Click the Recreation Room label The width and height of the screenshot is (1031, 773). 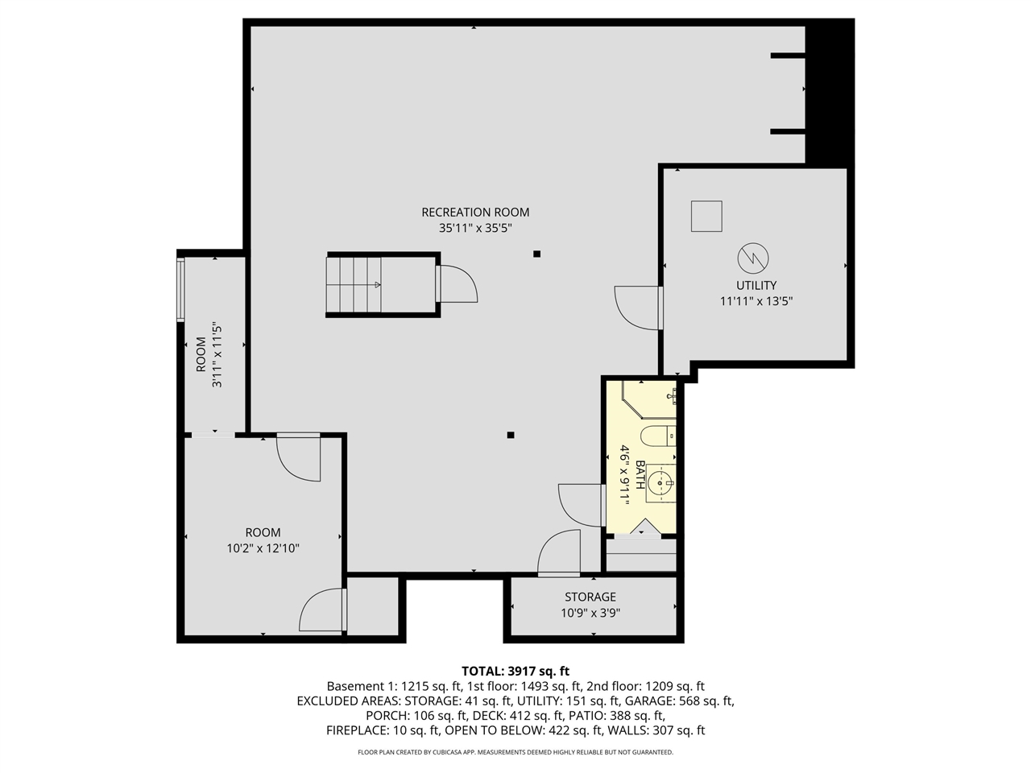pyautogui.click(x=475, y=213)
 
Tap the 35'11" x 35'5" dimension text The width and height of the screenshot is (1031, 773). pyautogui.click(x=475, y=228)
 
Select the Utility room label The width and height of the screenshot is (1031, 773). pyautogui.click(x=756, y=285)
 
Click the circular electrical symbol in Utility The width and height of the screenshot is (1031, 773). pyautogui.click(x=753, y=258)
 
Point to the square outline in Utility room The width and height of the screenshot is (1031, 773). pyautogui.click(x=706, y=216)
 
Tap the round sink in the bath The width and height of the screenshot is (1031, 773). pyautogui.click(x=661, y=483)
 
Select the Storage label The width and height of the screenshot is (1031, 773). pyautogui.click(x=590, y=597)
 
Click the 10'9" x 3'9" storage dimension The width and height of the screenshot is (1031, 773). pyautogui.click(x=590, y=613)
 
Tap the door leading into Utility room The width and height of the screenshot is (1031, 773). pyautogui.click(x=637, y=308)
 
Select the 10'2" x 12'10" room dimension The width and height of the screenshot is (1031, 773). pyautogui.click(x=263, y=548)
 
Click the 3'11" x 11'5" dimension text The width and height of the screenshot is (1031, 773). pyautogui.click(x=217, y=355)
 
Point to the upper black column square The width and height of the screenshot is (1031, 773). pyautogui.click(x=537, y=254)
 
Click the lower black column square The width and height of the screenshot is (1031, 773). pyautogui.click(x=511, y=436)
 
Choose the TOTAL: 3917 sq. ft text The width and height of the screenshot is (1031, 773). pyautogui.click(x=515, y=671)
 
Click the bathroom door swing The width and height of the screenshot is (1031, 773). pyautogui.click(x=580, y=505)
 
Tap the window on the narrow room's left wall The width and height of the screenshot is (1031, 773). pyautogui.click(x=181, y=289)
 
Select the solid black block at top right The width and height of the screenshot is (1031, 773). pyautogui.click(x=829, y=93)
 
